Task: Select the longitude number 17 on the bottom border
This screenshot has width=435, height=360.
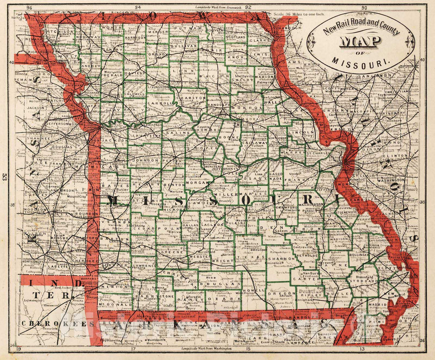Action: (x=133, y=349)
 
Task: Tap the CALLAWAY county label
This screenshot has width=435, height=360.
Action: (x=255, y=143)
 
